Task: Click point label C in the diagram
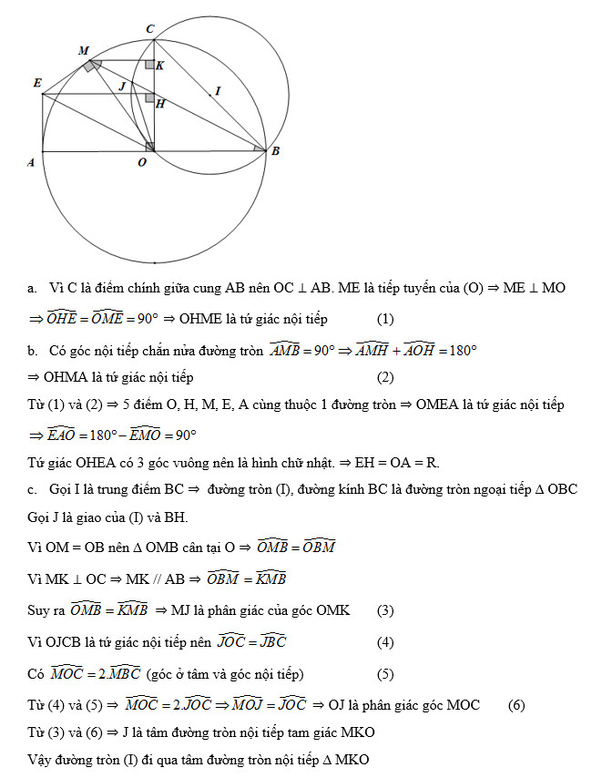150,29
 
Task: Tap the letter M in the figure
84,51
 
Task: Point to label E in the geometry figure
37,83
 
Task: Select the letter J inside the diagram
123,85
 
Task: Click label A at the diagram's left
30,162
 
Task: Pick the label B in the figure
274,151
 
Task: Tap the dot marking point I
209,93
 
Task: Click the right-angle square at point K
149,66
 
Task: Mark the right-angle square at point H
149,97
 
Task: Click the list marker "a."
32,288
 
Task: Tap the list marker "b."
32,350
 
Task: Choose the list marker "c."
32,490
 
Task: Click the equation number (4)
385,642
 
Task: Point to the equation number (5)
385,674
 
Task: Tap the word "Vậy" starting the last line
40,759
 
